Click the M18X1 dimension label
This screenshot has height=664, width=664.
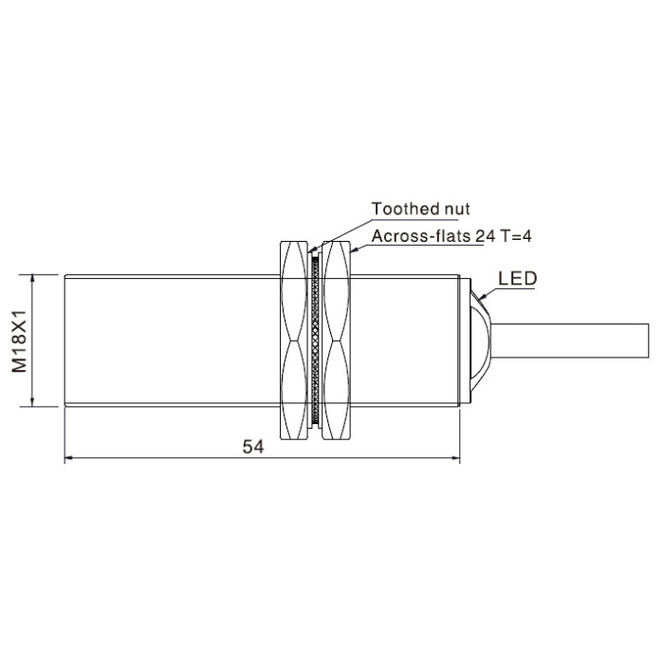[x=19, y=341]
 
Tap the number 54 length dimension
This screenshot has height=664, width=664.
[x=253, y=447]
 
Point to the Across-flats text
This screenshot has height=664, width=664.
[x=421, y=236]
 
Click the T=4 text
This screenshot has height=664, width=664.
[x=515, y=236]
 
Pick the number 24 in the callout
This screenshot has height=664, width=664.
[x=485, y=236]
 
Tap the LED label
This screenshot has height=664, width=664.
[x=518, y=278]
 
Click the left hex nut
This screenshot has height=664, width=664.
[x=294, y=340]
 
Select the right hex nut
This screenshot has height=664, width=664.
[x=337, y=340]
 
